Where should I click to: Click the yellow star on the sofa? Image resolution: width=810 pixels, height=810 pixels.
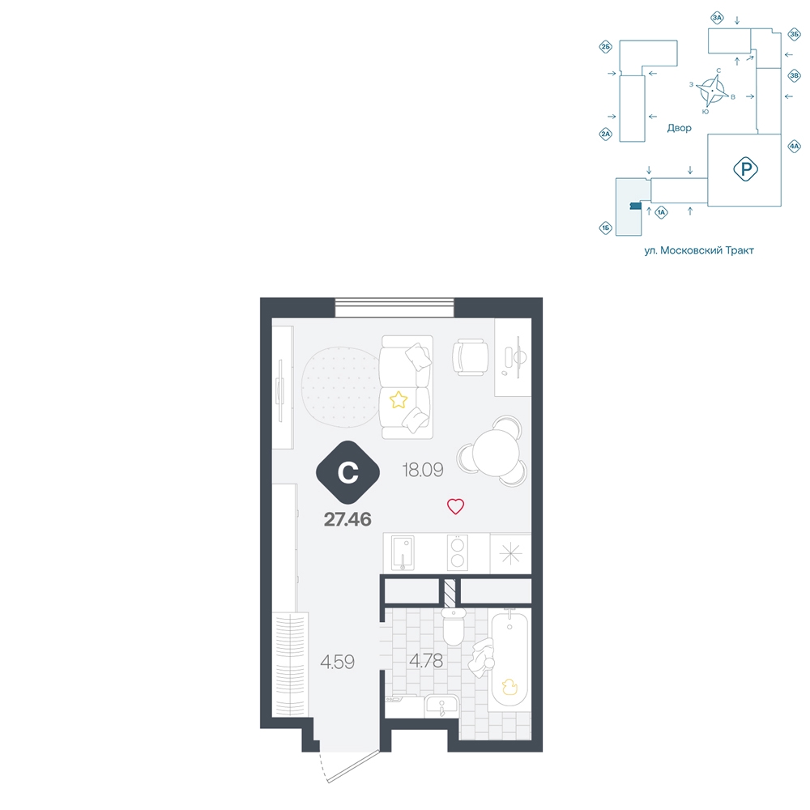tap(399, 400)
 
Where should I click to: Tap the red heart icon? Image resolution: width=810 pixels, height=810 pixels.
tap(455, 506)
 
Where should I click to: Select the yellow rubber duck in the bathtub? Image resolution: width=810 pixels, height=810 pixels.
tap(509, 687)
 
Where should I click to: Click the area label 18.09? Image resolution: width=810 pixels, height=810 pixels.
tap(423, 470)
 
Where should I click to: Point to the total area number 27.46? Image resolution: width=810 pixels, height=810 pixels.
tap(347, 519)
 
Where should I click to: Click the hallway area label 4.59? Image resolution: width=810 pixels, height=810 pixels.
tap(337, 662)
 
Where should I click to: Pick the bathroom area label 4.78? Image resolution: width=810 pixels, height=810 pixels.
tap(426, 661)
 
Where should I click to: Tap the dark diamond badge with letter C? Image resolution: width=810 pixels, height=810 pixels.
tap(347, 472)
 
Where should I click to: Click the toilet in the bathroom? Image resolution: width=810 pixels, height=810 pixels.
tap(454, 626)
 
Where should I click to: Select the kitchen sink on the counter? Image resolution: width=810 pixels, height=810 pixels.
tap(403, 552)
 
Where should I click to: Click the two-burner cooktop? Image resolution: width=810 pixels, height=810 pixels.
tap(457, 552)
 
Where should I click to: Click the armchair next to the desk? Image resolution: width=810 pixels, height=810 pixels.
tap(470, 357)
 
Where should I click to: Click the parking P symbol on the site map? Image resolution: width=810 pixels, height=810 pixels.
tap(745, 169)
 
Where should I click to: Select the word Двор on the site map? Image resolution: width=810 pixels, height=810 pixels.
tap(679, 128)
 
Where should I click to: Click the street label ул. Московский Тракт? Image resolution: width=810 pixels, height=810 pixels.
tap(699, 250)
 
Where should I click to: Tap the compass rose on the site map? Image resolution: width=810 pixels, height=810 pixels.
tap(712, 91)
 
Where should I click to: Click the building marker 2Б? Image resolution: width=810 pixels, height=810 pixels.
tap(605, 47)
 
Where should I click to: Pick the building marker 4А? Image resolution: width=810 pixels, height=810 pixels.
tap(794, 146)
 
